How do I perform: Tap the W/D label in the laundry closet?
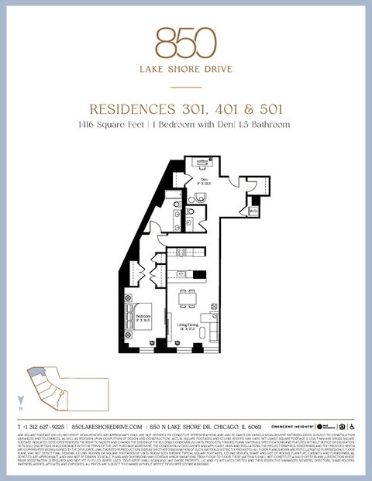click(253, 211)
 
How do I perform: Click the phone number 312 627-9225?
click(45, 427)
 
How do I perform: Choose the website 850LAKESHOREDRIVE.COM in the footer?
click(107, 427)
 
